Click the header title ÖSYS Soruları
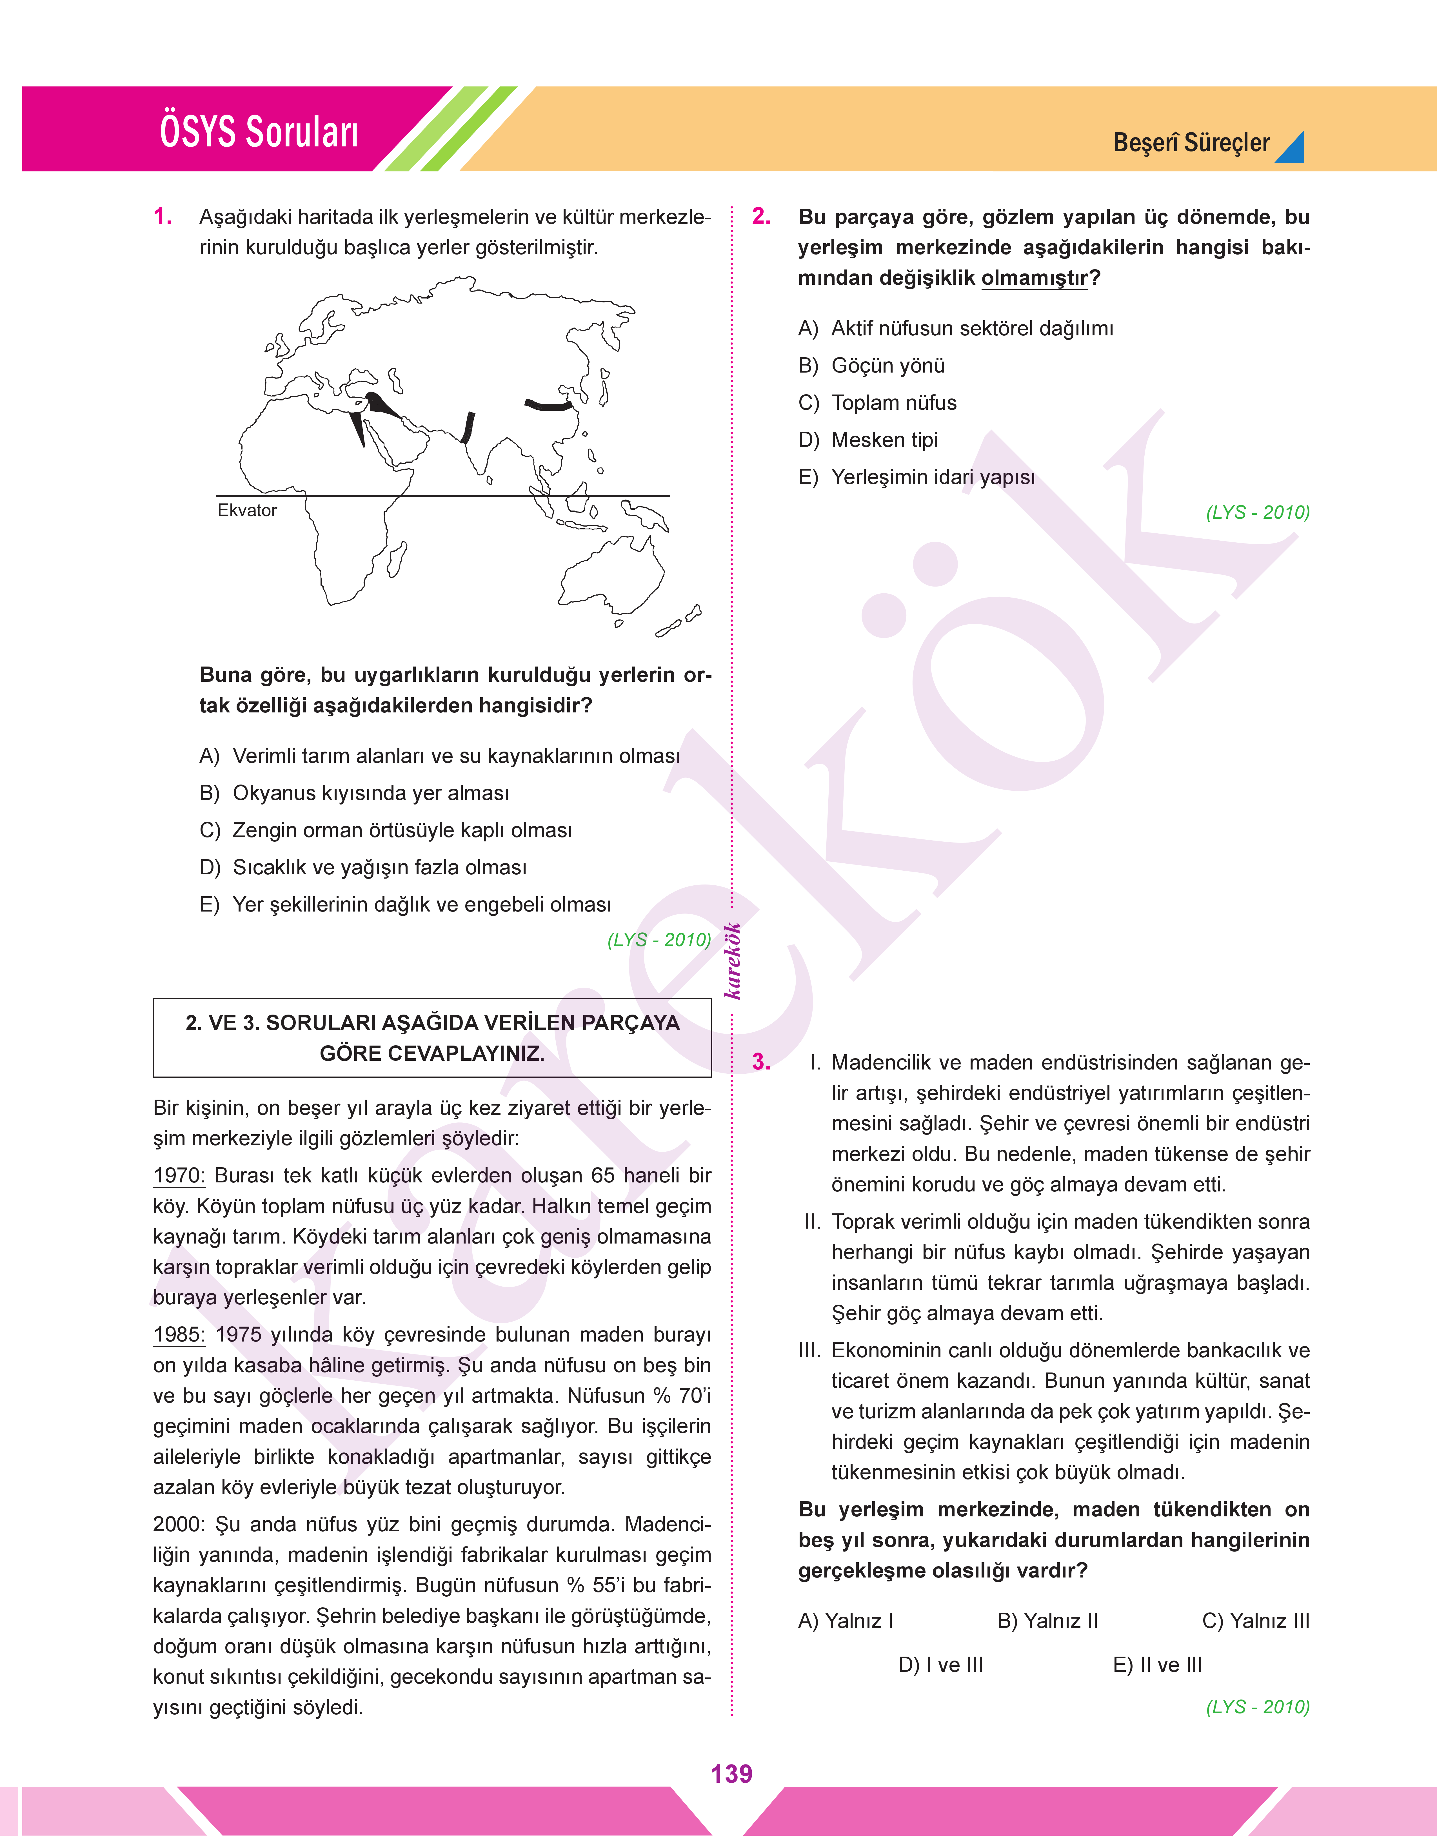(259, 132)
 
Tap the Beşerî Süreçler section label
(1191, 143)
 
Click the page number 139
(731, 1774)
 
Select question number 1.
(163, 217)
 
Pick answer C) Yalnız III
(1255, 1621)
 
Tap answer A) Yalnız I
(845, 1621)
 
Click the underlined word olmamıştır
(1034, 278)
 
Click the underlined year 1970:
(178, 1176)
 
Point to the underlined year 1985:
(178, 1335)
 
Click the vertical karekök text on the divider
(733, 961)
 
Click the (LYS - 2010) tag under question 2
(1257, 512)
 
